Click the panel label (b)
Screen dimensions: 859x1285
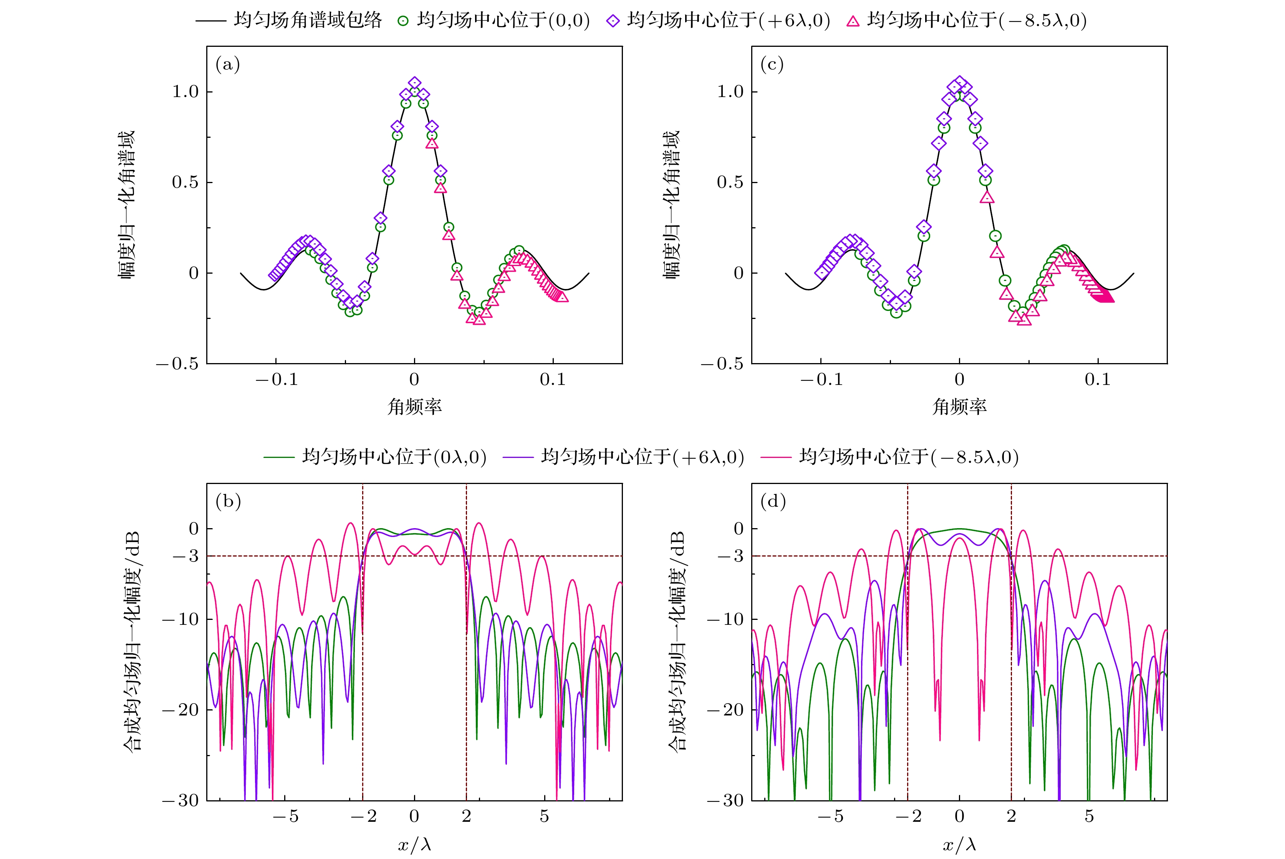(x=228, y=501)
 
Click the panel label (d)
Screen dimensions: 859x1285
(x=773, y=501)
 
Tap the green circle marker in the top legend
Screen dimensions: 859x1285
(x=403, y=21)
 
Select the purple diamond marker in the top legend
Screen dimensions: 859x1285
(x=613, y=21)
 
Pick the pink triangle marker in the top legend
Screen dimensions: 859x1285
(x=853, y=21)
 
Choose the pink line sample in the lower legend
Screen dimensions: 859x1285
(x=776, y=457)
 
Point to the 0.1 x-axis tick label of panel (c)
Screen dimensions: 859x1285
(x=1098, y=380)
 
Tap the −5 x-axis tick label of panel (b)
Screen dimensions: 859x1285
(x=286, y=816)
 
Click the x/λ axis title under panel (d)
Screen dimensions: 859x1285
(x=959, y=845)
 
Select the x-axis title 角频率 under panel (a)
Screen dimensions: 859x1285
(x=414, y=406)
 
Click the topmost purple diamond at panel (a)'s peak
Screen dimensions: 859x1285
(x=415, y=83)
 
